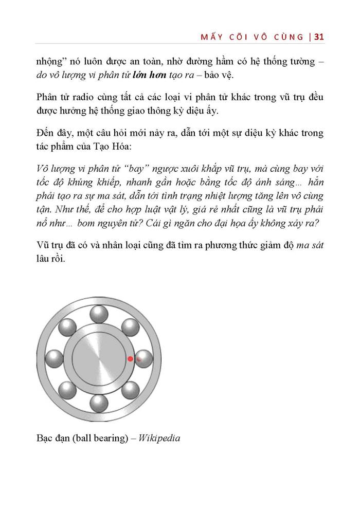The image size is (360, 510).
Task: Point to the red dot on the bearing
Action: (x=131, y=358)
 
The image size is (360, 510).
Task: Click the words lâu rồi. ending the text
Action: (x=51, y=259)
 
